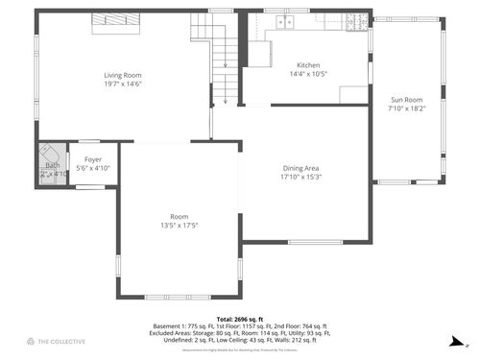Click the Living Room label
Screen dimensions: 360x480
point(123,75)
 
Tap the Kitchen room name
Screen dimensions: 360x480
point(307,64)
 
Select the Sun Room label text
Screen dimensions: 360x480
point(405,100)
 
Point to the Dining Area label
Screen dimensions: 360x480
point(300,168)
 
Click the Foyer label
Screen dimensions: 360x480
point(93,159)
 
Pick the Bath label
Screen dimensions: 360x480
point(52,165)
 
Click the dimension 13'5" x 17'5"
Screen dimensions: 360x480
point(180,226)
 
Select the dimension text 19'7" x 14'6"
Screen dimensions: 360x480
point(123,84)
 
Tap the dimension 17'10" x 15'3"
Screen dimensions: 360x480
point(300,177)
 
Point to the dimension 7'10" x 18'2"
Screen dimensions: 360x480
point(405,108)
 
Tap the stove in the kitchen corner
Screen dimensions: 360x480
point(359,20)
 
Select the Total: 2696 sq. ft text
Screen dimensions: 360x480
point(239,318)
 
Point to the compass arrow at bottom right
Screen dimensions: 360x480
point(466,342)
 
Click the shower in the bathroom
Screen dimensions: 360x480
point(48,155)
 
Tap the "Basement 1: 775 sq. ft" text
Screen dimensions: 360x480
point(184,325)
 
